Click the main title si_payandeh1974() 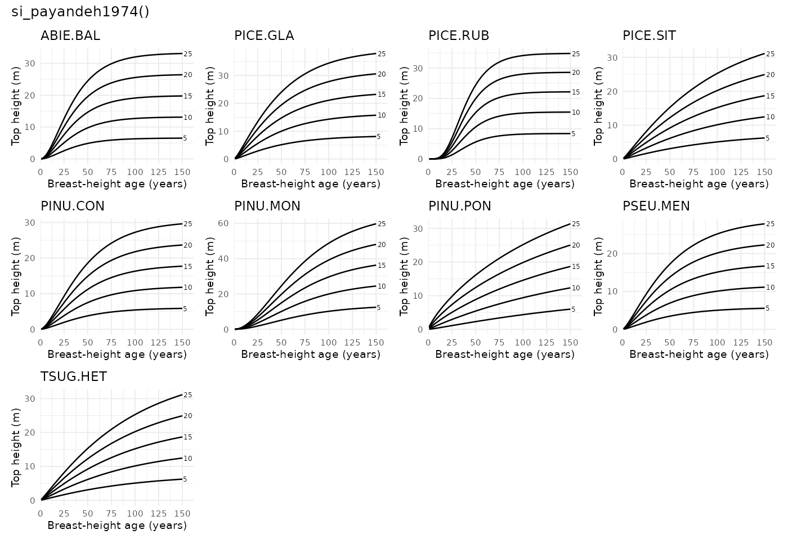(x=80, y=12)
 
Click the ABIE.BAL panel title (x=70, y=36)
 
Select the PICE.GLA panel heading (x=264, y=36)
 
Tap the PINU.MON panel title (x=267, y=207)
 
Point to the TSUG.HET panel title (x=74, y=377)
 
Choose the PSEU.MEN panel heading (x=656, y=207)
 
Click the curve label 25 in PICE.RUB (x=576, y=54)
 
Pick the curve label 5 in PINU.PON (x=574, y=309)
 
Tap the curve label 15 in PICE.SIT (x=770, y=96)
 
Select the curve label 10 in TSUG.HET (x=188, y=459)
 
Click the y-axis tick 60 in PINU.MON (x=223, y=223)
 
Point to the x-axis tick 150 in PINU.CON (x=182, y=342)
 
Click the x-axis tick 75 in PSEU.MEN (x=693, y=342)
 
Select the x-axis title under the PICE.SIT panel (x=699, y=184)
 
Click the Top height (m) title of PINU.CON (x=16, y=275)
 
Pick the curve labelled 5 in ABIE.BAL (x=113, y=139)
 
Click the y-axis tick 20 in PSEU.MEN (x=612, y=253)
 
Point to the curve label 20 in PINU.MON (x=382, y=245)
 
